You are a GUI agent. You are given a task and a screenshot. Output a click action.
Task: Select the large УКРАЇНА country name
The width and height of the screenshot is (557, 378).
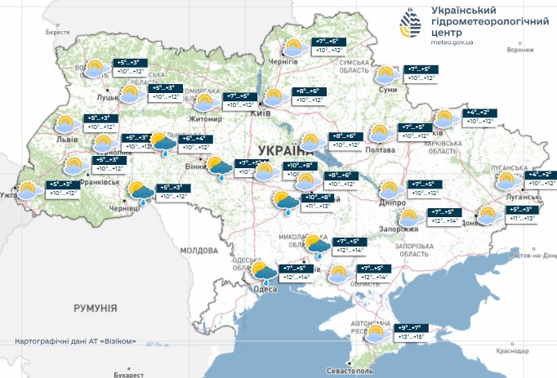(x=286, y=150)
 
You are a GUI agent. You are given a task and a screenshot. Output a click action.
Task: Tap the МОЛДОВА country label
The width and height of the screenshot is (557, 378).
(x=196, y=250)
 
